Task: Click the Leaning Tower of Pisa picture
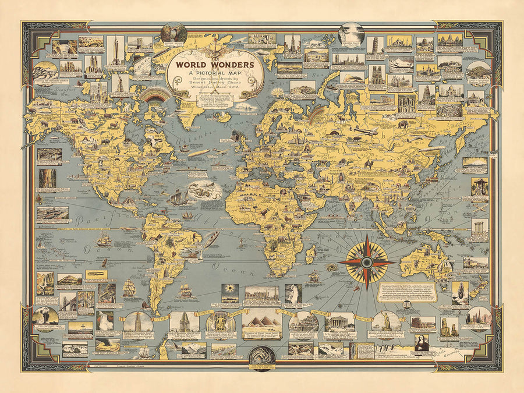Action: click(x=373, y=45)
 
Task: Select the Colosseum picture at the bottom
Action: click(x=423, y=322)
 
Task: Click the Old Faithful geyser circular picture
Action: click(x=47, y=317)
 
